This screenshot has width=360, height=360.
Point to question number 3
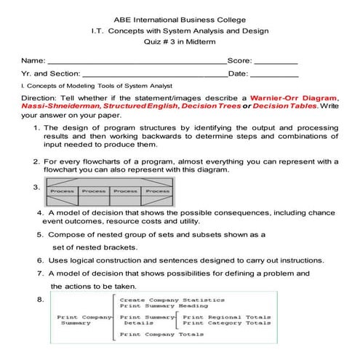37,187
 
